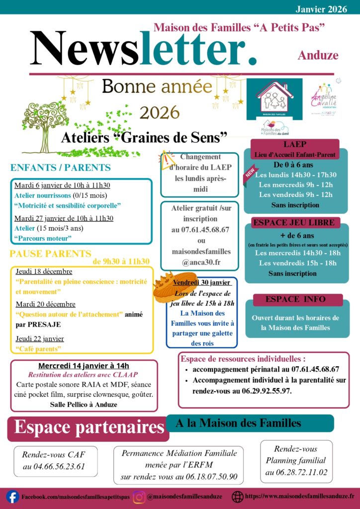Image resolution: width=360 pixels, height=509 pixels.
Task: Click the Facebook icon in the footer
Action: click(x=12, y=497)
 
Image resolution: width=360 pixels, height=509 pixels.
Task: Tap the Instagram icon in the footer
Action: click(x=139, y=497)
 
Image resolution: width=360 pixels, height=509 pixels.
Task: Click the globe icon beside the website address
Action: click(x=238, y=497)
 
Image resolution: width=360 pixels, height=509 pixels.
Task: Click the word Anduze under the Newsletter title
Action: click(x=318, y=55)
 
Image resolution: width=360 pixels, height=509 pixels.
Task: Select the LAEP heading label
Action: click(x=295, y=145)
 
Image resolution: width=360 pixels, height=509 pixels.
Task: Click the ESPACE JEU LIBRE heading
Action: click(x=294, y=222)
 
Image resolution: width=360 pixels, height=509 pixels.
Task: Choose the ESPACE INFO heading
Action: click(x=295, y=299)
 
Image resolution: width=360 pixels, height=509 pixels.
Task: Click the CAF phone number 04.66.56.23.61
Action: click(x=54, y=467)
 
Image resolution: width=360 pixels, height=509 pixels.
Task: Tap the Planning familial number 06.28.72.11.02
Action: click(x=296, y=472)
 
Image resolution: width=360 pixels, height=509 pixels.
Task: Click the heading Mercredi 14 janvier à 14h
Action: click(x=84, y=366)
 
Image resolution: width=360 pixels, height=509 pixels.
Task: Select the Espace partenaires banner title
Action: click(x=89, y=427)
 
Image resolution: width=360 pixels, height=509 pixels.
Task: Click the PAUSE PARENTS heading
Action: click(x=50, y=254)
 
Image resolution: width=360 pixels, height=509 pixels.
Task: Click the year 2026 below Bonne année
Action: click(x=159, y=112)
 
